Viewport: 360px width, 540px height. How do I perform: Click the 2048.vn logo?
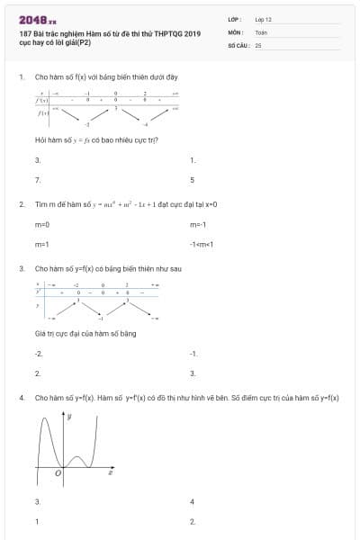(37, 18)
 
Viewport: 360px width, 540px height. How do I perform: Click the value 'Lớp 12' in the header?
(263, 18)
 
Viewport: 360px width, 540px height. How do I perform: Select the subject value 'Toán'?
(261, 31)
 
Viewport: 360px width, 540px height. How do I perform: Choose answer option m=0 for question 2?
(41, 224)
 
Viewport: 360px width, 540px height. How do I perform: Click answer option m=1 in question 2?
(41, 244)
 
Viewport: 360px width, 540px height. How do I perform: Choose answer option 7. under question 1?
(38, 180)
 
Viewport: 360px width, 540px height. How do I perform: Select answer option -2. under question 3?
(39, 354)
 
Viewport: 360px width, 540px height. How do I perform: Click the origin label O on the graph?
(58, 472)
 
